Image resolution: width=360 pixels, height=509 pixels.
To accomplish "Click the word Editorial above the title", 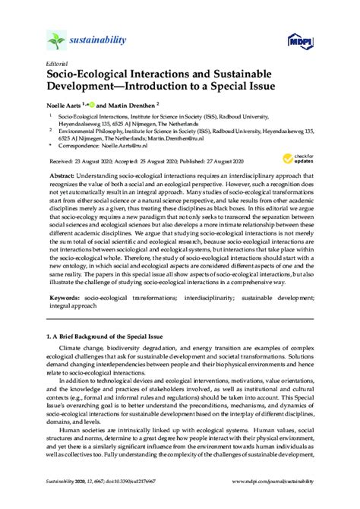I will (58, 64).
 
